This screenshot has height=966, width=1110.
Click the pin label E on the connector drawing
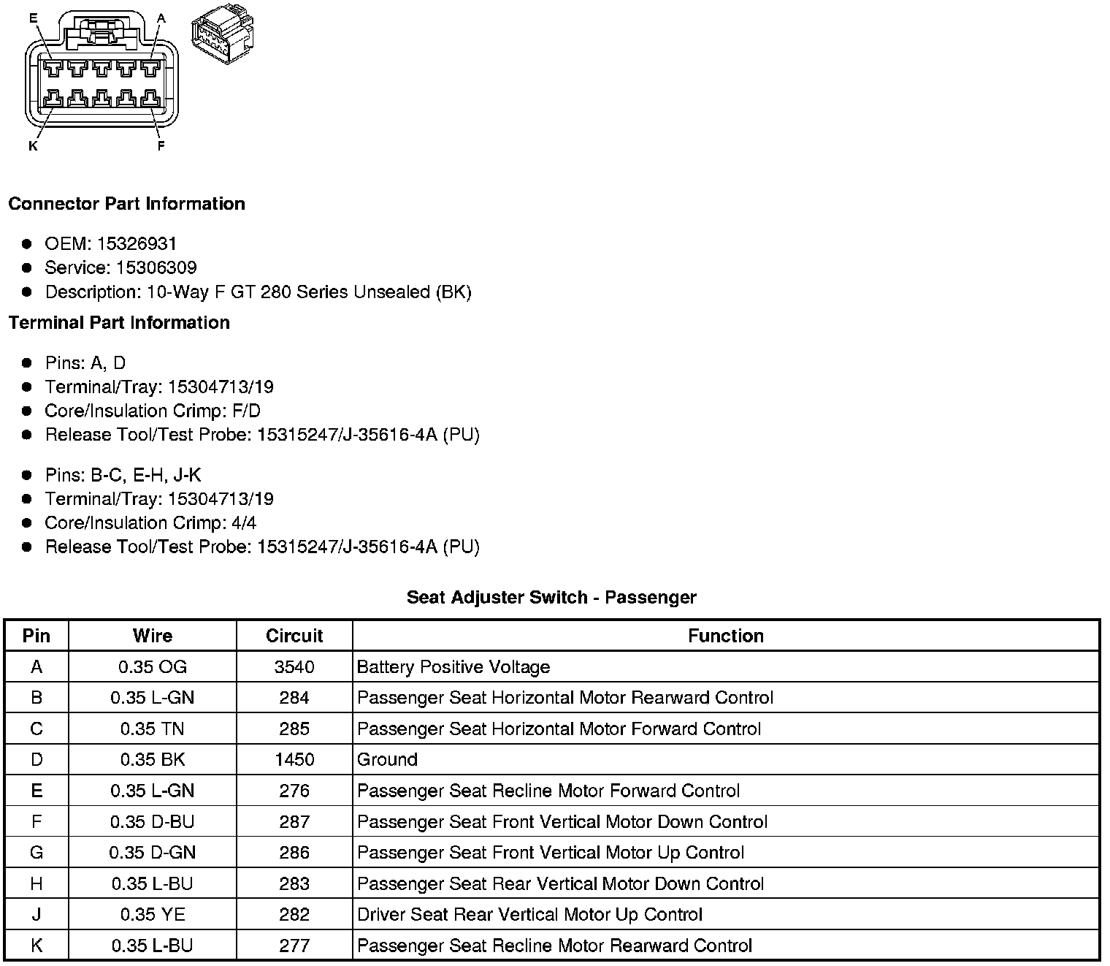click(x=33, y=18)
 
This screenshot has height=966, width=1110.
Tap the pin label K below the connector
click(x=33, y=146)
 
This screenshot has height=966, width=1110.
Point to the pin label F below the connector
click(x=161, y=146)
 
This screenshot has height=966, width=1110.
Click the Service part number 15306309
click(x=156, y=268)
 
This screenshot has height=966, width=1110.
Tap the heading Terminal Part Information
click(x=119, y=323)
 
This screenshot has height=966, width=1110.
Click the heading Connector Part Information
click(x=126, y=204)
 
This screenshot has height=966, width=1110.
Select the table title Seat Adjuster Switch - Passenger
click(x=551, y=598)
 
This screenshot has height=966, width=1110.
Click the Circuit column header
click(x=294, y=636)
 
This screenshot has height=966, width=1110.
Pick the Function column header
click(x=725, y=636)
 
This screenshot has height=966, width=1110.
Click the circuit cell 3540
click(x=294, y=667)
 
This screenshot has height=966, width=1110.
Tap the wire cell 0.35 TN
click(x=153, y=729)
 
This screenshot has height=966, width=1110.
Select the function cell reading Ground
click(x=387, y=760)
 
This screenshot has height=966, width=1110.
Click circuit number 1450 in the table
click(x=294, y=760)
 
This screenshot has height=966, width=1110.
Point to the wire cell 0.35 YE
click(x=153, y=915)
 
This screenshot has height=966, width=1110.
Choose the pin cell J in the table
click(x=37, y=915)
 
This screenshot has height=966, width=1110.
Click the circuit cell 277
click(x=294, y=946)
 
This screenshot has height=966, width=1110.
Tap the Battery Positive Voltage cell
click(x=453, y=667)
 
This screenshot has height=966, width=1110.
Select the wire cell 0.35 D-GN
click(x=153, y=853)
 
